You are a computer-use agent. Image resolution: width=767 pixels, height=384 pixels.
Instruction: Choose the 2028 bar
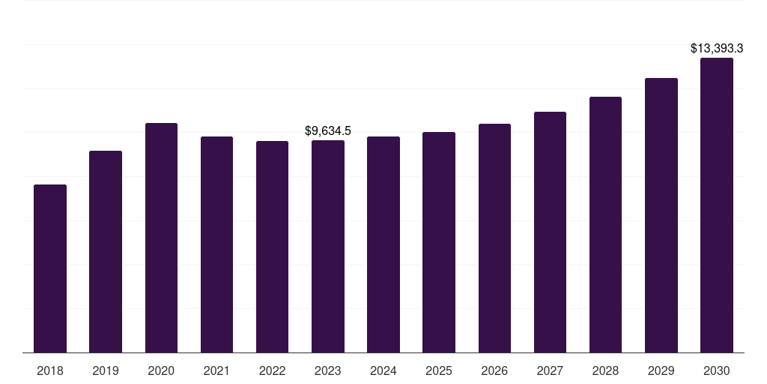(x=605, y=224)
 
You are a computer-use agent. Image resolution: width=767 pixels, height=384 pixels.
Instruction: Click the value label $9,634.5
(x=328, y=131)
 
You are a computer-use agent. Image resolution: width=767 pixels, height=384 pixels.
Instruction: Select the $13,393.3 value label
(x=717, y=49)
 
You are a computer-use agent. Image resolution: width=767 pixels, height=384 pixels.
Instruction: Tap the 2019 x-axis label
(x=106, y=370)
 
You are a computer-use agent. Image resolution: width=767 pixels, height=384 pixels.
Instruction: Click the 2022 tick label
(x=272, y=370)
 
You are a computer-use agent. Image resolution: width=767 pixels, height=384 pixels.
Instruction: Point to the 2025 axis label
(x=439, y=370)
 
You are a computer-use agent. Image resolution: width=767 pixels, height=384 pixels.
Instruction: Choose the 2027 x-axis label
(x=550, y=370)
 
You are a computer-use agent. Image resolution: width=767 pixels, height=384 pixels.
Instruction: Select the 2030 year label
(x=717, y=370)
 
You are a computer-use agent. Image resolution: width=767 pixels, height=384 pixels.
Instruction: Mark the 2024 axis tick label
(x=383, y=370)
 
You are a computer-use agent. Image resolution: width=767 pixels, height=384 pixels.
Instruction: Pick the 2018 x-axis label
(x=50, y=370)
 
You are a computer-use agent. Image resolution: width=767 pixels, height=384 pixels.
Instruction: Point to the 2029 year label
(x=661, y=370)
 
